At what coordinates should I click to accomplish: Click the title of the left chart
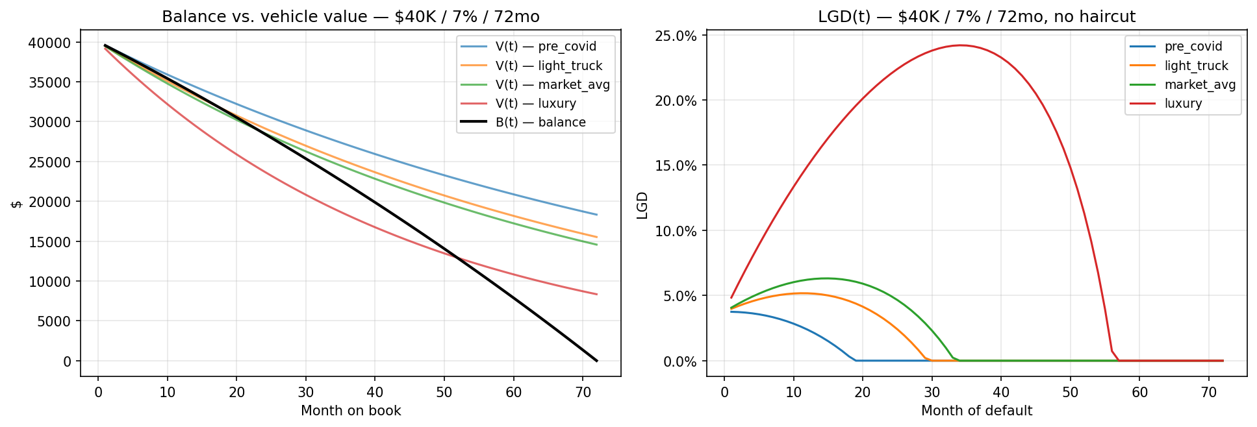[x=350, y=16]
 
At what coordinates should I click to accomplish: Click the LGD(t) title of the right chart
[x=976, y=16]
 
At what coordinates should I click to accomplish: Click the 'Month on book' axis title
[x=350, y=411]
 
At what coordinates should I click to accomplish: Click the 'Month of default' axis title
[x=976, y=411]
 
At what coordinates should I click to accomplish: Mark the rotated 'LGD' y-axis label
[x=642, y=205]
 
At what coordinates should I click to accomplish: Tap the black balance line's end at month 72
[x=596, y=360]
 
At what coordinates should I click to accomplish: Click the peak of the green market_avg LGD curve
[x=826, y=278]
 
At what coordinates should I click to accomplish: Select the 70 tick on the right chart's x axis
[x=1208, y=393]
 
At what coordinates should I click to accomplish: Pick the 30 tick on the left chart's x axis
[x=305, y=393]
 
